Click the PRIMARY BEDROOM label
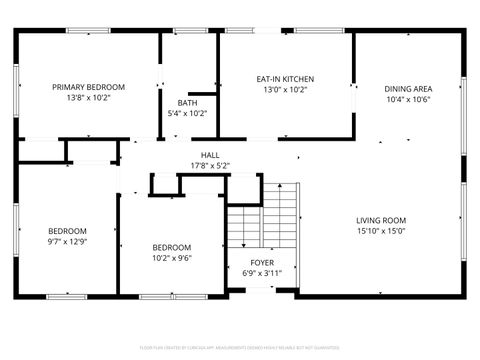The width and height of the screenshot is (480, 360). (88, 87)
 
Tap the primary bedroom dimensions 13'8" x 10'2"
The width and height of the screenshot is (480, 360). (88, 98)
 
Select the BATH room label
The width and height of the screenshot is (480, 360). (187, 103)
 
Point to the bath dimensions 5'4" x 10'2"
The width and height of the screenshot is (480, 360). (187, 113)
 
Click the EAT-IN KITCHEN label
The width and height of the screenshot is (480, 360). (285, 79)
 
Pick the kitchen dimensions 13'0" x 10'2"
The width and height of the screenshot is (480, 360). (285, 89)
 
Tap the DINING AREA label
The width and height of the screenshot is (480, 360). (408, 88)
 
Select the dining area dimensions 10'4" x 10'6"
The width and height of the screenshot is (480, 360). (408, 99)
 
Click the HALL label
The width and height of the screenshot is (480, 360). (210, 155)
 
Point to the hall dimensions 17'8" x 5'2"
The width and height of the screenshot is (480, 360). (210, 165)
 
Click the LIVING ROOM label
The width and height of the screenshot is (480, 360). (381, 220)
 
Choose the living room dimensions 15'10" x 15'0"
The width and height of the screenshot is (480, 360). (381, 231)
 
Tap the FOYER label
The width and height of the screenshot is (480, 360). (262, 262)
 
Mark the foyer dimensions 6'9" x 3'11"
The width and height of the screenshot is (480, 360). (262, 272)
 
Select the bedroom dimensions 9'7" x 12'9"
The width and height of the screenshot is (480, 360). (67, 241)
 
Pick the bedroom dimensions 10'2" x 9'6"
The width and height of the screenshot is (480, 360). (171, 257)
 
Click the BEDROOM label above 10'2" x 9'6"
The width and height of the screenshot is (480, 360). (171, 247)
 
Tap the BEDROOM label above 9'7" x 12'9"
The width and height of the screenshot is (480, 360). (67, 231)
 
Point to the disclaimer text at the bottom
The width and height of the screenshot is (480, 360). (240, 347)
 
